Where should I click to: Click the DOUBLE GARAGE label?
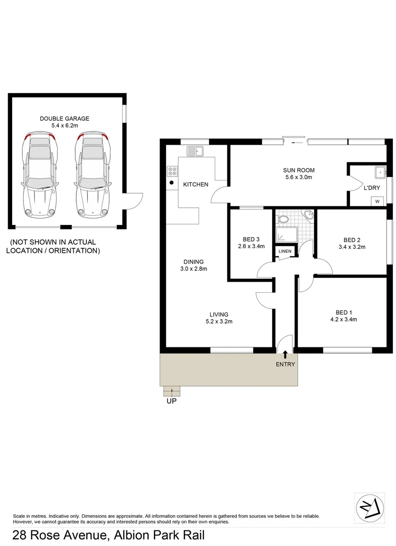[x=65, y=118]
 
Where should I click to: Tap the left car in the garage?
[x=40, y=173]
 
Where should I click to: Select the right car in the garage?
[x=92, y=173]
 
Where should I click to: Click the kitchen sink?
[x=194, y=151]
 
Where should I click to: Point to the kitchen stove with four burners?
[x=172, y=171]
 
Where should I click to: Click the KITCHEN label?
[x=195, y=185]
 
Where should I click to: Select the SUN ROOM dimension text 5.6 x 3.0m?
[x=298, y=177]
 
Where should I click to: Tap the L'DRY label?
[x=371, y=188]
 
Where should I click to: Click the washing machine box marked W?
[x=377, y=201]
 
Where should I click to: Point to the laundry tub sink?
[x=379, y=172]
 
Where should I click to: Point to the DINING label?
[x=193, y=261]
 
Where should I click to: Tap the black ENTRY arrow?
[x=285, y=354]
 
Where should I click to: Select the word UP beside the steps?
[x=172, y=402]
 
